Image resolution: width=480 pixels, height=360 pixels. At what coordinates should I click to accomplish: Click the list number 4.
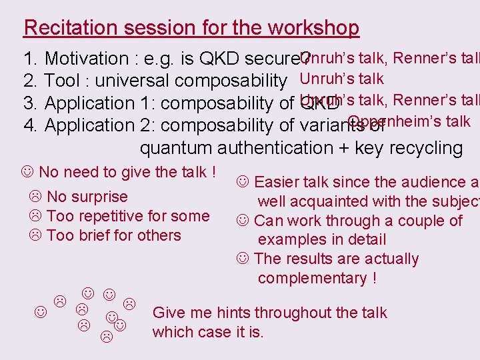(29, 125)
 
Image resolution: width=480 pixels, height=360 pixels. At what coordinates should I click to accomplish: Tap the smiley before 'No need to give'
(28, 173)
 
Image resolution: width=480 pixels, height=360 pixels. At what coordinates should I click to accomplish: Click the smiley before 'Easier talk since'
(243, 182)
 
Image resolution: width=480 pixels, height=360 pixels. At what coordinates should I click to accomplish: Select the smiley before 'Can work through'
(243, 221)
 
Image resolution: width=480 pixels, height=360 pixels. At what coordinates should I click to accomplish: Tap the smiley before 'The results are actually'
(243, 259)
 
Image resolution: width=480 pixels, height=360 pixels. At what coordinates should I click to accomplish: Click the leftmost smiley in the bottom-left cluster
(41, 311)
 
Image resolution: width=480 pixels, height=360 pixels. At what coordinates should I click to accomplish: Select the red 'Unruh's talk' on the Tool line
(342, 79)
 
